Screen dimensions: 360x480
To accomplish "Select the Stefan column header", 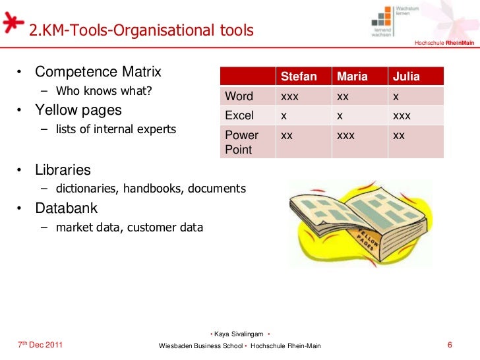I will point(299,76).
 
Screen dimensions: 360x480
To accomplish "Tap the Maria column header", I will point(352,76).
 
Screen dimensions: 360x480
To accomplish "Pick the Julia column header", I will point(405,76).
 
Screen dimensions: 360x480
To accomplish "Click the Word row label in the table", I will point(239,96).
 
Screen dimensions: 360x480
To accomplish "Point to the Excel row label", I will point(239,115).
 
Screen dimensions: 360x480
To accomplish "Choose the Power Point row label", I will point(242,142).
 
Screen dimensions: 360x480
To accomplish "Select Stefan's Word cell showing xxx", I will point(289,96).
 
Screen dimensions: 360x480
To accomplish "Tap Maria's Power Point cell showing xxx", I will point(346,135).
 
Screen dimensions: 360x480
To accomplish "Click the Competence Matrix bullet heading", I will point(98,71).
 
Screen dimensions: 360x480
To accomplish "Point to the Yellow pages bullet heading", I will point(78,109).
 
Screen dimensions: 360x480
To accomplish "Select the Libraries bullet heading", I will point(63,169).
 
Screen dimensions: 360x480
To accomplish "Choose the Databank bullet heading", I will point(66,208).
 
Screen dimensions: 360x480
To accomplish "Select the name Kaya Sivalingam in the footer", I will point(239,334).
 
